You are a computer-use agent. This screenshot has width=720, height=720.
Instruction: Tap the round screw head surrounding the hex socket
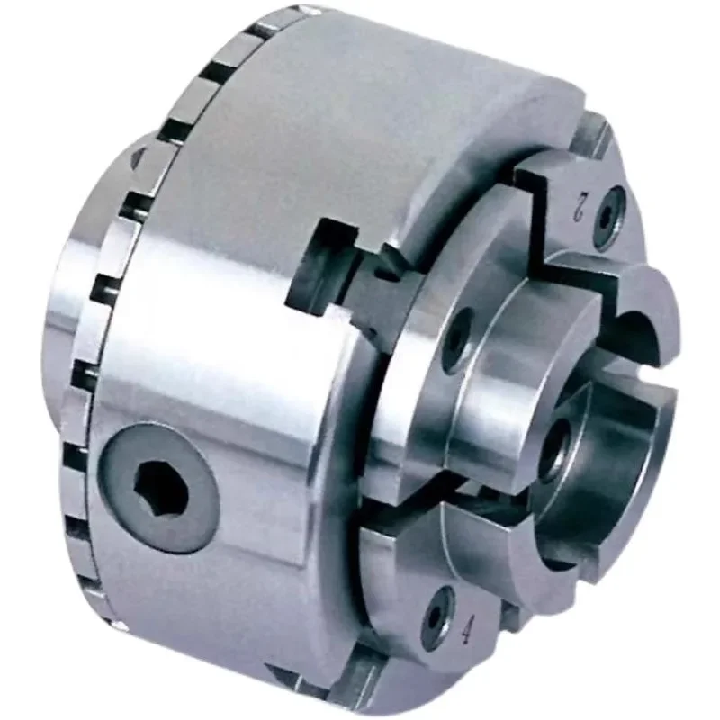tap(159, 488)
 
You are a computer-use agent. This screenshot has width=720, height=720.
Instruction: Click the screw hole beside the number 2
tap(609, 214)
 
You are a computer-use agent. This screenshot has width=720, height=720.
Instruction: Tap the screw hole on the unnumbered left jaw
tap(457, 337)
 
